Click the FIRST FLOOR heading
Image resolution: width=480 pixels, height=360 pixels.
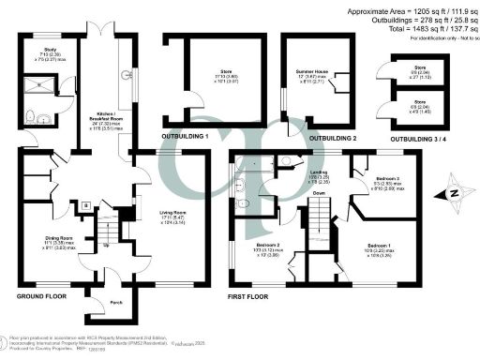(251, 295)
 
